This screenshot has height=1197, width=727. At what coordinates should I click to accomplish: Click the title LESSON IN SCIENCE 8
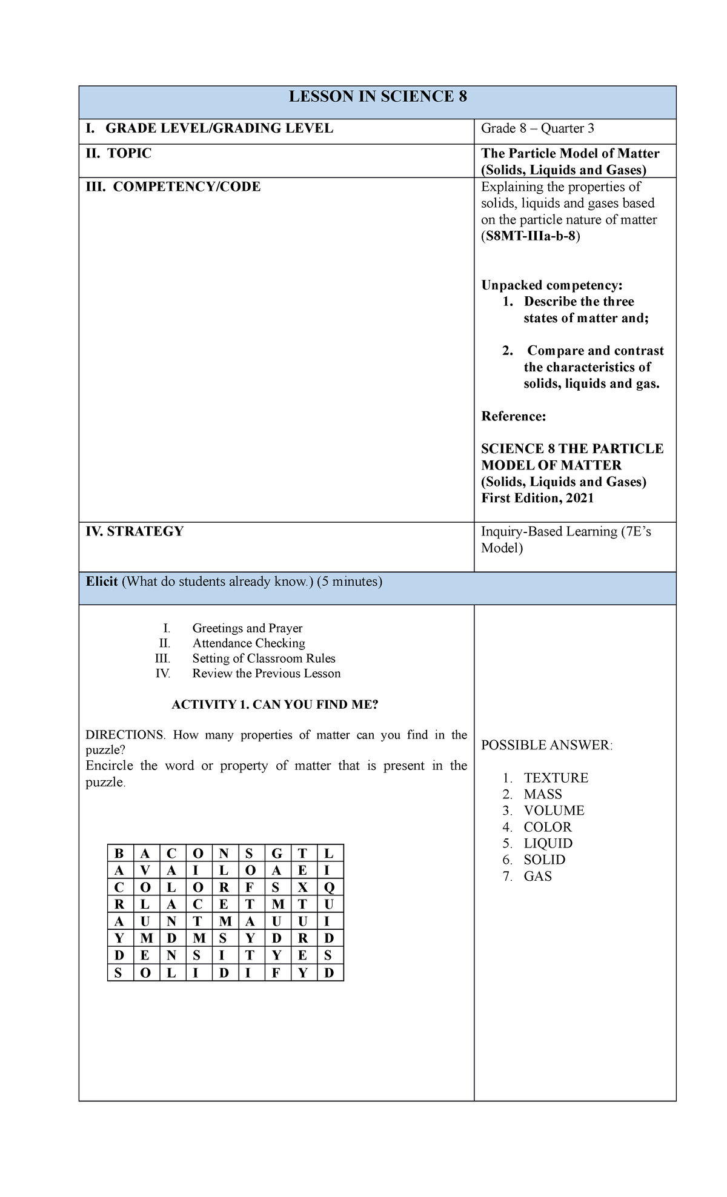pos(377,97)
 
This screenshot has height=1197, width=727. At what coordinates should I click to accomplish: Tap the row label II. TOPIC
pos(119,153)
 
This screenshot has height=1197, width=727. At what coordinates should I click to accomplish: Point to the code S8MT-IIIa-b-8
pos(530,236)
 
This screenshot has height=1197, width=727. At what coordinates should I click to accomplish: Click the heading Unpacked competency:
pos(552,285)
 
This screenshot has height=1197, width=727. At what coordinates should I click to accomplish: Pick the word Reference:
pos(514,416)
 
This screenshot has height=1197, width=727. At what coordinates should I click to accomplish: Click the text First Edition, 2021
pos(537,498)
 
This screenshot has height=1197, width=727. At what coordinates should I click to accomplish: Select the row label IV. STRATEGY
pos(134,531)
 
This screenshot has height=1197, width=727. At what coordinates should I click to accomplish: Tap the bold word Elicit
pos(102,582)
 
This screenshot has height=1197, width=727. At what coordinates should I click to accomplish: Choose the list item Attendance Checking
pos(248,643)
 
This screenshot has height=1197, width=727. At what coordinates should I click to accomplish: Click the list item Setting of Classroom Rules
pos(264,658)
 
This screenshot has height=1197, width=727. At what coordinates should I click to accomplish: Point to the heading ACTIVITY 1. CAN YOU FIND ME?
pos(275,705)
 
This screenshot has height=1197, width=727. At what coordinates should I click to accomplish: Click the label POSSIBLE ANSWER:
pos(547,745)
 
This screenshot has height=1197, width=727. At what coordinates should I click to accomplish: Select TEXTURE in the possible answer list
pos(556,778)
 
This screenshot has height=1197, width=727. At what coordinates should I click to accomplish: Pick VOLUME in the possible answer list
pos(554,811)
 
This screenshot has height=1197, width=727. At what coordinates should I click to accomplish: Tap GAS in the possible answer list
pos(537,876)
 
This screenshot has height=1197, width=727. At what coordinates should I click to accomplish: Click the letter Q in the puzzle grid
pos(329,887)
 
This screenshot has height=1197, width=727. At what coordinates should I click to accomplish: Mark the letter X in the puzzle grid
pos(303,887)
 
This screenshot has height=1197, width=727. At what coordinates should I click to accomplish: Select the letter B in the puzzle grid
pos(119,854)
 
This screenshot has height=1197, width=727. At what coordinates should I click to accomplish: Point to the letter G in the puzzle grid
pos(277,854)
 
